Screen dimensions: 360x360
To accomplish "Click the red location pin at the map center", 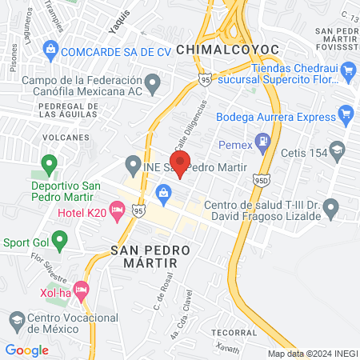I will point(180,162).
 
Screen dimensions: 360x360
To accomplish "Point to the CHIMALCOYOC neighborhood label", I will point(228,50).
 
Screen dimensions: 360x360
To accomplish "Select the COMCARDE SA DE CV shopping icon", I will point(50,50).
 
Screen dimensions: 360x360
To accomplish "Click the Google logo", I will point(27,350).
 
